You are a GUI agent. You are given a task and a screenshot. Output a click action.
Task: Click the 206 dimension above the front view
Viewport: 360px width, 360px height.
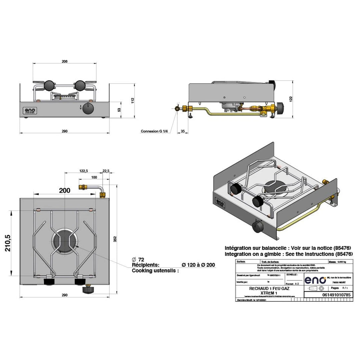[x=65, y=61]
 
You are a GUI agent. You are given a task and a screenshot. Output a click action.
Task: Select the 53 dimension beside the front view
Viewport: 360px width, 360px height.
[x=119, y=110]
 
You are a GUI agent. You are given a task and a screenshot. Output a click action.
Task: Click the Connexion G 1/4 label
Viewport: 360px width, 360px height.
[x=154, y=131]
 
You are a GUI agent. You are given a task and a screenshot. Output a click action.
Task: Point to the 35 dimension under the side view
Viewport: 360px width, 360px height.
[x=182, y=131]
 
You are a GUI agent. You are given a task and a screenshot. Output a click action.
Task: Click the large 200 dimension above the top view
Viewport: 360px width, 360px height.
[x=64, y=190]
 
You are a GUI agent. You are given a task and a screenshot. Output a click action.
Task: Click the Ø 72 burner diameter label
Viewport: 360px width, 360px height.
[x=138, y=259]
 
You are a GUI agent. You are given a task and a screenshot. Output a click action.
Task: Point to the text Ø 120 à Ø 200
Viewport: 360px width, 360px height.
[x=198, y=265]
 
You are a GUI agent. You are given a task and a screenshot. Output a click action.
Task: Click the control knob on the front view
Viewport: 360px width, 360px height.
[x=88, y=110]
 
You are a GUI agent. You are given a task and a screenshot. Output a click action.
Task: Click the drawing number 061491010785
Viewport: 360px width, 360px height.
[x=328, y=295]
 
